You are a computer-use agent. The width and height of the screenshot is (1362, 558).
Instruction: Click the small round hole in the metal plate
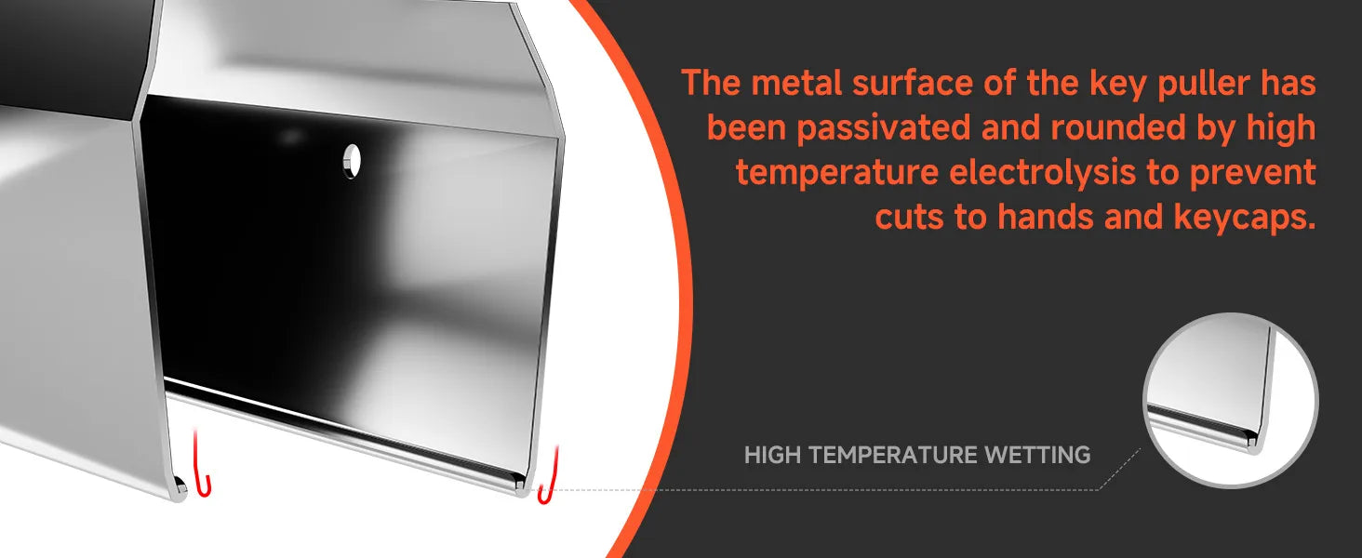(352, 161)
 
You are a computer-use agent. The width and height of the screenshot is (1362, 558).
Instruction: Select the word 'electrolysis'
(1042, 172)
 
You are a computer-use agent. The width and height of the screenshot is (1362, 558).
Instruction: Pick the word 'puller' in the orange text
(1204, 85)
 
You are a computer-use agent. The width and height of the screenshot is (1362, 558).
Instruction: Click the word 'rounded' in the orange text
(1118, 127)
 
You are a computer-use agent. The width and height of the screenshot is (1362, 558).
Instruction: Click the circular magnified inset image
(1231, 400)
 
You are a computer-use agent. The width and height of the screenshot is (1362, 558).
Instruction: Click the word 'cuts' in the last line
(909, 217)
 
